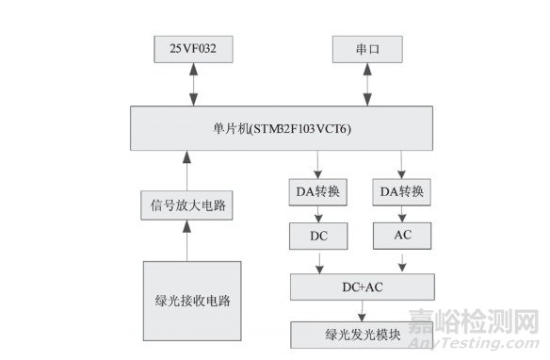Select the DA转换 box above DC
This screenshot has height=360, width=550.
pyautogui.click(x=317, y=192)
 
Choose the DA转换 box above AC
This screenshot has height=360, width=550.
pyautogui.click(x=402, y=192)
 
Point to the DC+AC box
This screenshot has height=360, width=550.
pyautogui.click(x=361, y=284)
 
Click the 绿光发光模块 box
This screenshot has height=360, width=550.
pyautogui.click(x=361, y=331)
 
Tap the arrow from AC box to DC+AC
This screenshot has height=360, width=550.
pyautogui.click(x=402, y=260)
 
